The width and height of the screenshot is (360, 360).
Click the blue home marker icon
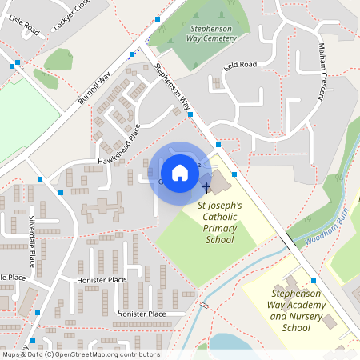(x=180, y=172)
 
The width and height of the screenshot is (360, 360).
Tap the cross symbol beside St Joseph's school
(x=206, y=187)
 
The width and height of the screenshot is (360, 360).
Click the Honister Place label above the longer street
(x=101, y=280)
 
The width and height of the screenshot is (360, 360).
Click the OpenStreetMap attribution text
(x=81, y=354)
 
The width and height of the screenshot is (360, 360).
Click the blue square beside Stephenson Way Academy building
(x=314, y=281)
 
